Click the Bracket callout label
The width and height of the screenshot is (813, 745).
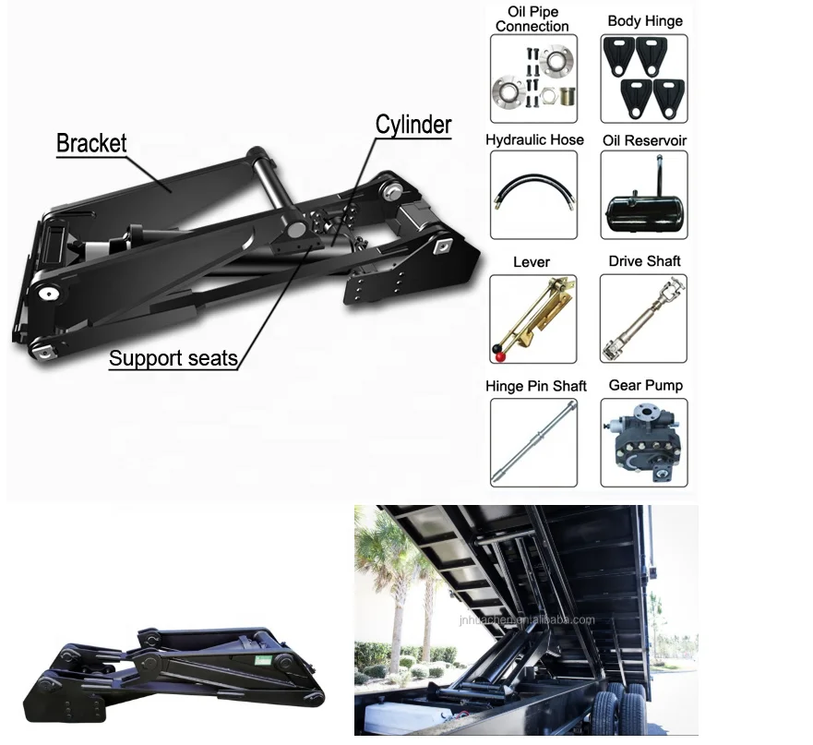[x=91, y=143]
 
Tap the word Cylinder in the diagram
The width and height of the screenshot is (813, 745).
[x=412, y=125]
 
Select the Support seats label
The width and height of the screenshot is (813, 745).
[x=173, y=358]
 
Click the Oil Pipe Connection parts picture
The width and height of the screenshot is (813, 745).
[x=533, y=79]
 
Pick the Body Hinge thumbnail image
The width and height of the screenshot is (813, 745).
[x=644, y=79]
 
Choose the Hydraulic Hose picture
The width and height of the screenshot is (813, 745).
[x=533, y=195]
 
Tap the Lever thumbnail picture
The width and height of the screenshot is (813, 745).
[x=533, y=318]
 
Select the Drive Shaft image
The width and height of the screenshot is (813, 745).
[x=644, y=318]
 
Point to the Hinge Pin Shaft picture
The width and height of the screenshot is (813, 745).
[x=533, y=442]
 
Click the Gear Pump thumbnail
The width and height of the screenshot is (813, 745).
[x=644, y=442]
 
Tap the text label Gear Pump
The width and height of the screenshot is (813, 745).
[x=645, y=385]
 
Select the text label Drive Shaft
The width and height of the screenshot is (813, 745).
[x=644, y=261]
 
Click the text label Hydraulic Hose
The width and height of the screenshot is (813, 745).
[x=534, y=140]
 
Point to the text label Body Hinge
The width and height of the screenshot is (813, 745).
[x=645, y=20]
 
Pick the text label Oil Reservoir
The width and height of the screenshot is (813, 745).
[x=644, y=140]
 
